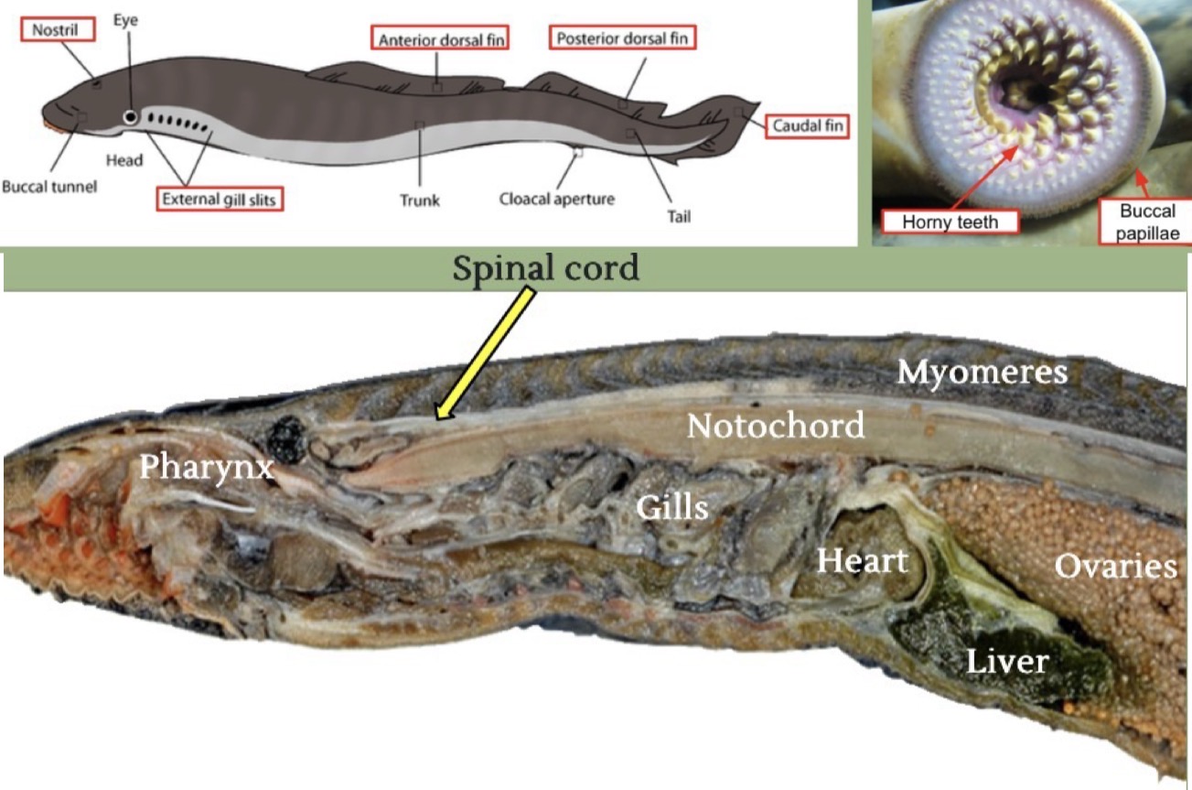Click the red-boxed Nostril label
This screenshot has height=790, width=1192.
[x=58, y=30]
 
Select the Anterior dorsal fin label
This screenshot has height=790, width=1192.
[x=441, y=38]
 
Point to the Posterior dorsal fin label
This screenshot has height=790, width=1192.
[x=622, y=38]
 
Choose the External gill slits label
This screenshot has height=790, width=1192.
[x=220, y=198]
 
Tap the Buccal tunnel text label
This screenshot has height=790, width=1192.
[x=49, y=187]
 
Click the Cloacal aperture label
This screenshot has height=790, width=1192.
[x=557, y=198]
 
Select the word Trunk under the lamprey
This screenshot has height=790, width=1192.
[x=420, y=200]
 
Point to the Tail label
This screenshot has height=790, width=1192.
[x=678, y=217]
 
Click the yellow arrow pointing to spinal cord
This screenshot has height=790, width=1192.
[x=485, y=352]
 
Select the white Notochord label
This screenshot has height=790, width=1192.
[x=776, y=426]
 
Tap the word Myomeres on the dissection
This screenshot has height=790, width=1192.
[x=982, y=372]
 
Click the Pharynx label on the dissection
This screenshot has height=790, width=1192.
[x=206, y=467]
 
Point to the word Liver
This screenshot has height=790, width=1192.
[x=1007, y=660]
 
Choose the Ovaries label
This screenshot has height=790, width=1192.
[x=1115, y=567]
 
